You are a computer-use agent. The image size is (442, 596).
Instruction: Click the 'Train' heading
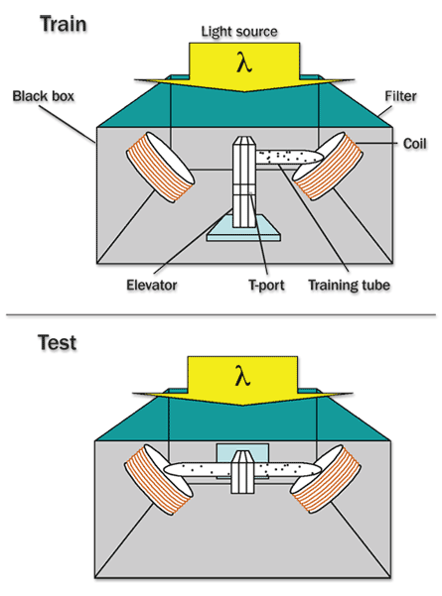[64, 24]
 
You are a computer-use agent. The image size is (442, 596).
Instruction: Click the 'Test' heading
[57, 342]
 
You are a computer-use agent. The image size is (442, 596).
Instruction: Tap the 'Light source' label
[239, 32]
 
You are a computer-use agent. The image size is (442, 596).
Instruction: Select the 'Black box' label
[44, 96]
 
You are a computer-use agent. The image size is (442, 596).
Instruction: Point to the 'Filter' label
[400, 96]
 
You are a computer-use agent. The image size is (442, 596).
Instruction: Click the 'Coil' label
[414, 144]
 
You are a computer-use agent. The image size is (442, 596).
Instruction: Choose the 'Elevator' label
[152, 285]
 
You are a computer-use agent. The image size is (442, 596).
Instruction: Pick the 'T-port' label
[266, 285]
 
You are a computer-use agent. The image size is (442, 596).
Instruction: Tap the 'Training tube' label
[349, 285]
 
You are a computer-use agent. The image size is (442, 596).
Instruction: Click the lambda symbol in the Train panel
[244, 62]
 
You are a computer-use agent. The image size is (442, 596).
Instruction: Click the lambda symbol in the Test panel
[242, 376]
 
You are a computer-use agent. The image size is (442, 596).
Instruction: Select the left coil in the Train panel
[160, 168]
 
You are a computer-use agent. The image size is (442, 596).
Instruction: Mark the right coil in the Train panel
[328, 166]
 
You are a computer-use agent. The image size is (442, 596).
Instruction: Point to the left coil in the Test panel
[159, 480]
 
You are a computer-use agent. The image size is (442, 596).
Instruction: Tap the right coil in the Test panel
[326, 479]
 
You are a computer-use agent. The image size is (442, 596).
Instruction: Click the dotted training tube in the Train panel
[289, 157]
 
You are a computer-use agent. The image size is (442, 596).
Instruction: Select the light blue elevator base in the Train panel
[243, 229]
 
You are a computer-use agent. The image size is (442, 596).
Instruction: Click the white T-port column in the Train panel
[244, 181]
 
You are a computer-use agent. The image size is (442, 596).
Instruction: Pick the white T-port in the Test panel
[242, 472]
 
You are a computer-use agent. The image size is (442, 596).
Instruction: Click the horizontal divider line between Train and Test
[221, 314]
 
